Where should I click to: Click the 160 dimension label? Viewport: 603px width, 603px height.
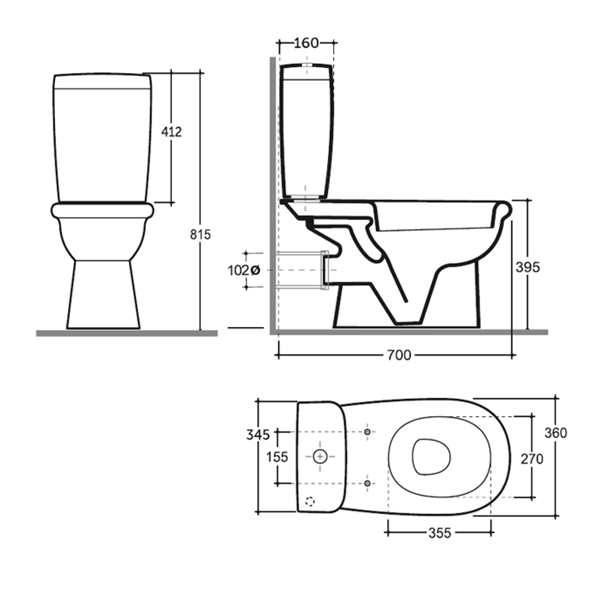click(x=306, y=43)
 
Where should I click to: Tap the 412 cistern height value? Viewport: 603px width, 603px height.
click(x=171, y=131)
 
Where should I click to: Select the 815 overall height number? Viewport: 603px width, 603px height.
click(x=200, y=234)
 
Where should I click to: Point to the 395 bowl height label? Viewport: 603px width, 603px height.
click(x=528, y=267)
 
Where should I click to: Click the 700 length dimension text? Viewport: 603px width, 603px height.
click(x=399, y=355)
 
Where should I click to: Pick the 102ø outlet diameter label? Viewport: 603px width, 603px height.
click(x=243, y=271)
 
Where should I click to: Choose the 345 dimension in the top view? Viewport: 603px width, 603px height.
click(x=258, y=435)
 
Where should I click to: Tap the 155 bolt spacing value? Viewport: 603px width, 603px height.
click(x=277, y=457)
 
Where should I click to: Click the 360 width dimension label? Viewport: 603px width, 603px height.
click(x=556, y=433)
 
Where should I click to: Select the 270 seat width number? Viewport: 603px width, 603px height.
click(x=532, y=459)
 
